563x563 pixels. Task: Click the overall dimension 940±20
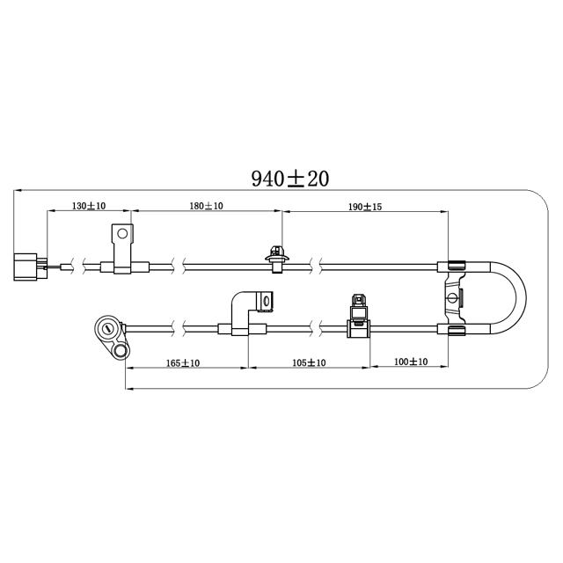289,179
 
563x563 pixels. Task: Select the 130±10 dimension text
89,206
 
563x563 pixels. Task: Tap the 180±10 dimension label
206,206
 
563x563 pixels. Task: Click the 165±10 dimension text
182,362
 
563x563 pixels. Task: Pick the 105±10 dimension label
308,362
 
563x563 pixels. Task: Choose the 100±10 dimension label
410,362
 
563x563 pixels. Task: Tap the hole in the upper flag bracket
121,235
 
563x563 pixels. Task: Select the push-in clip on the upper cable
276,260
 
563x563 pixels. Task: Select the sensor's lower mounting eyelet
119,352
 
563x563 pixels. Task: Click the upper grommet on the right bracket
456,266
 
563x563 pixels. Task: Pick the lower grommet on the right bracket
456,330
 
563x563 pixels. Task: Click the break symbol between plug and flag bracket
82,266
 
